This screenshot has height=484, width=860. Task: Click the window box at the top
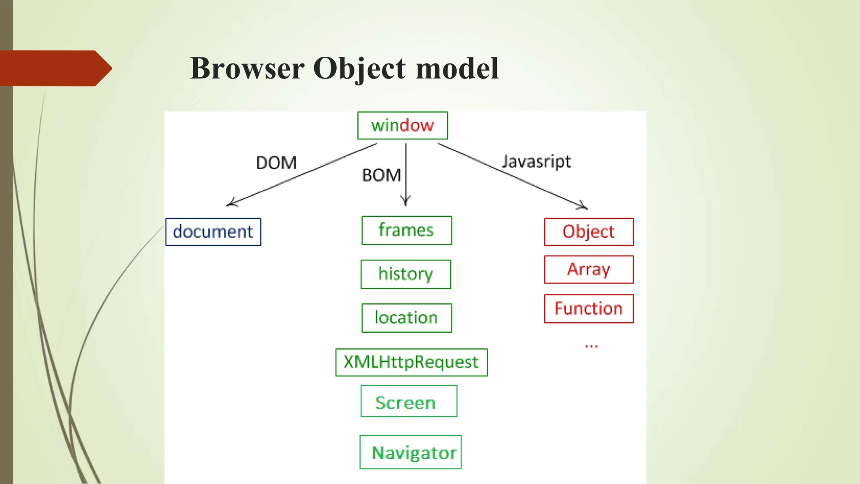pos(402,125)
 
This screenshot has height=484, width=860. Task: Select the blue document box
pos(213,231)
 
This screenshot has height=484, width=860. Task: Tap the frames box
pos(406,230)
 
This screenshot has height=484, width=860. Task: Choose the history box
pos(406,274)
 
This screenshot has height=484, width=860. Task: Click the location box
pos(406,318)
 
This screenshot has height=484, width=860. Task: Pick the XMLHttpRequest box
pos(411,362)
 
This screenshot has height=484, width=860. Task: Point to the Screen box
pos(409,401)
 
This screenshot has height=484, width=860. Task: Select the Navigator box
pos(410,452)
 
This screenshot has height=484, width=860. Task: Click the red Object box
pos(589,231)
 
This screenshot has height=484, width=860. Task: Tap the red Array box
pos(589,269)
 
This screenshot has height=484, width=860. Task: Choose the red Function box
pos(589,309)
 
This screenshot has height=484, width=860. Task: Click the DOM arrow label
pos(276,163)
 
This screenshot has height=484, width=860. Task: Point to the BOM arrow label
pos(381,175)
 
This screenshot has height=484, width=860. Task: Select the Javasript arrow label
pos(537,162)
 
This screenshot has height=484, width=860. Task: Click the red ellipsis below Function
pos(591,347)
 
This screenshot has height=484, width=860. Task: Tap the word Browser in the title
pos(247,68)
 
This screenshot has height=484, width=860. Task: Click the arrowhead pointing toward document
pos(231,203)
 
